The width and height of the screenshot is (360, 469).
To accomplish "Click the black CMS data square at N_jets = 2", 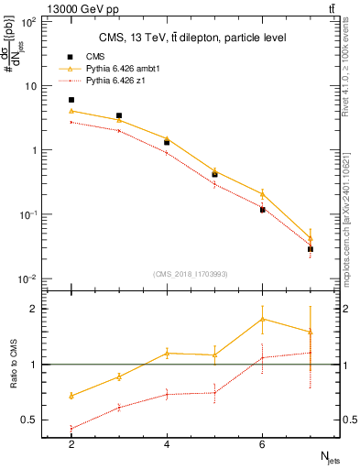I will click(71, 100).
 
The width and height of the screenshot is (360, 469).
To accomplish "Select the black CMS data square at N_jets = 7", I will click(311, 249).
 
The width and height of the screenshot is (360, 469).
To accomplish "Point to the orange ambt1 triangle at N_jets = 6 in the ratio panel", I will click(263, 319).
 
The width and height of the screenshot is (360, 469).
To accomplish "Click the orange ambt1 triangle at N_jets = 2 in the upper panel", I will click(71, 111).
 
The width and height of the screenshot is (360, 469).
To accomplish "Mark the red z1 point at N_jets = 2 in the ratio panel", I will click(71, 428).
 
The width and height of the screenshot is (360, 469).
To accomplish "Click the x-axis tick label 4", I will click(167, 444).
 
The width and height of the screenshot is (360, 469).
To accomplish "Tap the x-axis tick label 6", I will click(263, 444).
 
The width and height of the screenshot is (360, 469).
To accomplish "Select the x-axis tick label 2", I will click(71, 444).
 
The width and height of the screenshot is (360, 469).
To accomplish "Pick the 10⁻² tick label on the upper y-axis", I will click(28, 278).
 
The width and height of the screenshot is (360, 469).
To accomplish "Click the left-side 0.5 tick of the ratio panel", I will click(32, 420).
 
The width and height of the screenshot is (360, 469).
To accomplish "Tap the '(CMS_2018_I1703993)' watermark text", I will click(191, 274).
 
